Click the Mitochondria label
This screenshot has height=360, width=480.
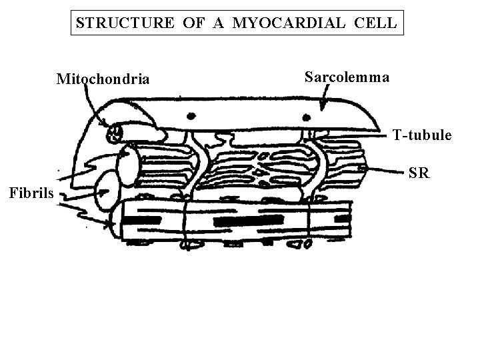tap(103, 81)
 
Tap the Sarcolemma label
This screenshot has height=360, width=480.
tap(347, 77)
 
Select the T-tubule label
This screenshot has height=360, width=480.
tap(422, 136)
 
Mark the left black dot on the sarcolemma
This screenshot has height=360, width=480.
tap(193, 114)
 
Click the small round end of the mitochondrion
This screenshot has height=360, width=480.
tap(114, 133)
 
